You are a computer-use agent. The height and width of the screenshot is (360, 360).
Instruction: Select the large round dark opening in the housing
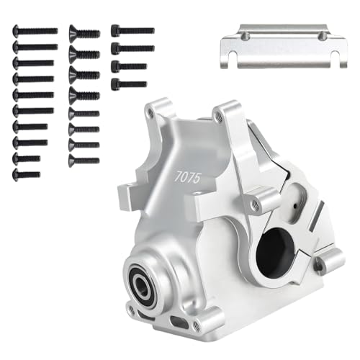pyautogui.click(x=277, y=248)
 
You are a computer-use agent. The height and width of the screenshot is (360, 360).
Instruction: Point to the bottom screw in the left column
pyautogui.click(x=27, y=174)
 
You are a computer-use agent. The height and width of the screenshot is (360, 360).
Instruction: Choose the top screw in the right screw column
pyautogui.click(x=132, y=31)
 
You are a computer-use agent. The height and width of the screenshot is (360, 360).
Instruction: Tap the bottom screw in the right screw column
pyautogui.click(x=129, y=84)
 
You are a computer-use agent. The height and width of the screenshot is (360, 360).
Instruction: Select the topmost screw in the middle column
pyautogui.click(x=84, y=32)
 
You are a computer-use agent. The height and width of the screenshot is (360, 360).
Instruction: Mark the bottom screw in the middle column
pyautogui.click(x=84, y=161)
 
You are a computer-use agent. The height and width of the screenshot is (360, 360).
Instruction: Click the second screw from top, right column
pyautogui.click(x=132, y=48)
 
